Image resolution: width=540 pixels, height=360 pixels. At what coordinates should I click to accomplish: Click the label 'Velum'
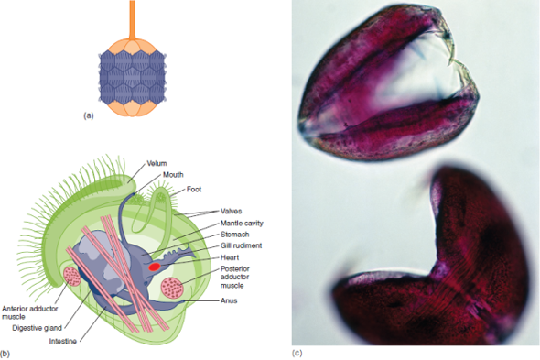[157, 163]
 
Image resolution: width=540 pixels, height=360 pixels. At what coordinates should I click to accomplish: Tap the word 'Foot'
[195, 190]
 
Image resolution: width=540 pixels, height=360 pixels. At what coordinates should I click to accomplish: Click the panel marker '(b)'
[6, 353]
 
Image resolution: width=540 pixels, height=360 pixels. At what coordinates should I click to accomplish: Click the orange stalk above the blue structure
[133, 18]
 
